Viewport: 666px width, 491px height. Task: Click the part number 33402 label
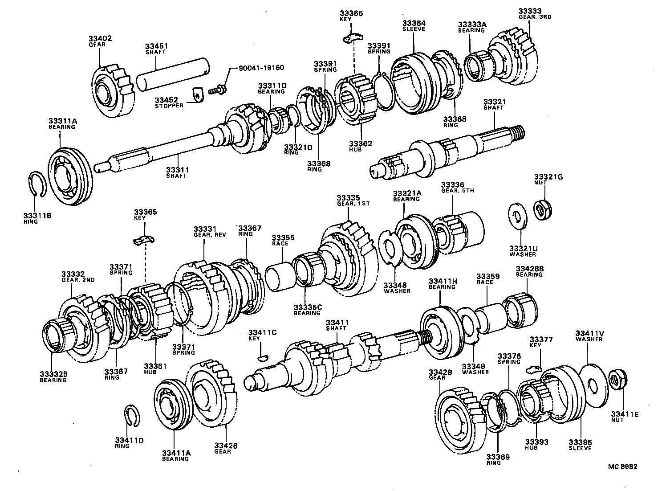[x=100, y=39]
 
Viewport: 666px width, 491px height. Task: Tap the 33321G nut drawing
[x=543, y=209]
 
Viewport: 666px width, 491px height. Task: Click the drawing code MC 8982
[x=622, y=466]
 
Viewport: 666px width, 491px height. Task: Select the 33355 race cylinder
[x=279, y=278]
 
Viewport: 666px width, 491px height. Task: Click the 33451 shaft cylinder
[x=172, y=74]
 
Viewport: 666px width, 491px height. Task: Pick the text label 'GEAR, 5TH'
[x=457, y=191]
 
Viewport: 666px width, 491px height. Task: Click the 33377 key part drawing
[x=532, y=368]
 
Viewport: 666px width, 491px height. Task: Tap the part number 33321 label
[x=494, y=102]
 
